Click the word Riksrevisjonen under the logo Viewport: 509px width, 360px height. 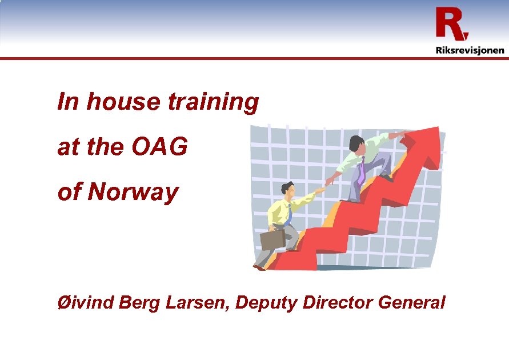pyautogui.click(x=470, y=50)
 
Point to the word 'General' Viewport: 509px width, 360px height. pyautogui.click(x=411, y=302)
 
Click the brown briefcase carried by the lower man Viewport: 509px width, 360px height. pyautogui.click(x=272, y=239)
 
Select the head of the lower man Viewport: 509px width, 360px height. pyautogui.click(x=287, y=189)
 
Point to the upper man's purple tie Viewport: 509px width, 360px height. pyautogui.click(x=361, y=171)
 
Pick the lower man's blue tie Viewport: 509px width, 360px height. pyautogui.click(x=290, y=214)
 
